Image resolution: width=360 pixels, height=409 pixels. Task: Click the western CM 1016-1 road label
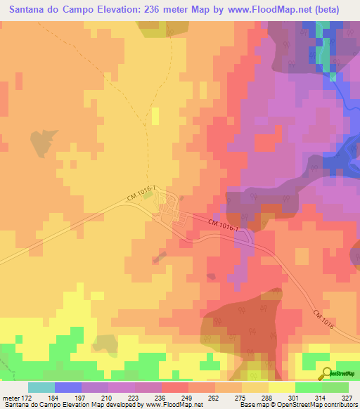140,193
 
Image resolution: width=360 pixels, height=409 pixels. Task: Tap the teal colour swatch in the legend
41,387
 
